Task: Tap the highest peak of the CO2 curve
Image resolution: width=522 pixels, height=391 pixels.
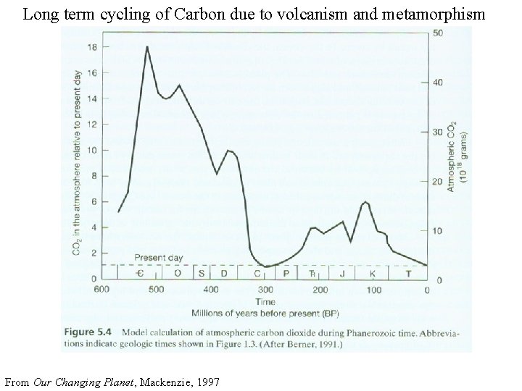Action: (x=147, y=47)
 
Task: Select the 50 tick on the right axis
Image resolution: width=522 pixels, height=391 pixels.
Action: (x=439, y=33)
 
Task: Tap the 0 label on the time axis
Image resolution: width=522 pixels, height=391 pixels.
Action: (x=427, y=290)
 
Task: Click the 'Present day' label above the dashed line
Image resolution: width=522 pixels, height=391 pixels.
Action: (x=159, y=258)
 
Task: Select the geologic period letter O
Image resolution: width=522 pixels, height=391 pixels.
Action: (x=178, y=273)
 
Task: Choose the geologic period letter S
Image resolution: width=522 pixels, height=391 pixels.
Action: (x=202, y=273)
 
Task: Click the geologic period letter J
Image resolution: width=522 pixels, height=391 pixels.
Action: (x=341, y=273)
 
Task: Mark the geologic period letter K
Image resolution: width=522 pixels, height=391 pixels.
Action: (x=373, y=273)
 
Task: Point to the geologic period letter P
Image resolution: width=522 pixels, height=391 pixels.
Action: (x=286, y=273)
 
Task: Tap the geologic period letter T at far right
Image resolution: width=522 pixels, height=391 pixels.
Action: (x=407, y=273)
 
